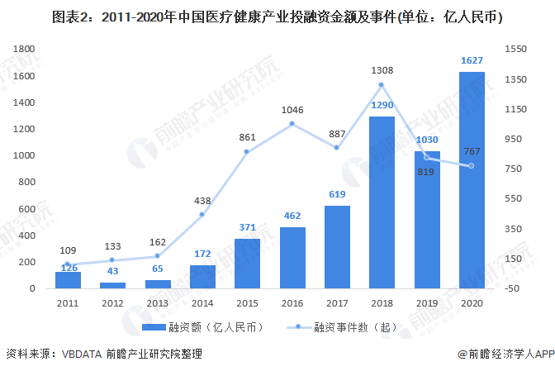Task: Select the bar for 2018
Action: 382,202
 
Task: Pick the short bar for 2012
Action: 113,285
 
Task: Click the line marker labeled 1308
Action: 382,84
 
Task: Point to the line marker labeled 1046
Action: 292,124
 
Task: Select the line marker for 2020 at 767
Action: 471,166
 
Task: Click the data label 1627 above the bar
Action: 471,60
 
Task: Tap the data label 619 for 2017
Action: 336,194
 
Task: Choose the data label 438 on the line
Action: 202,199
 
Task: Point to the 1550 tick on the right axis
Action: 515,50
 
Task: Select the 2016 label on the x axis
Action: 292,303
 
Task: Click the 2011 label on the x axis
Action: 69,303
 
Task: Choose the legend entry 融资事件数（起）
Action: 347,327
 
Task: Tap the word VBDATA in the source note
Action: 82,354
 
